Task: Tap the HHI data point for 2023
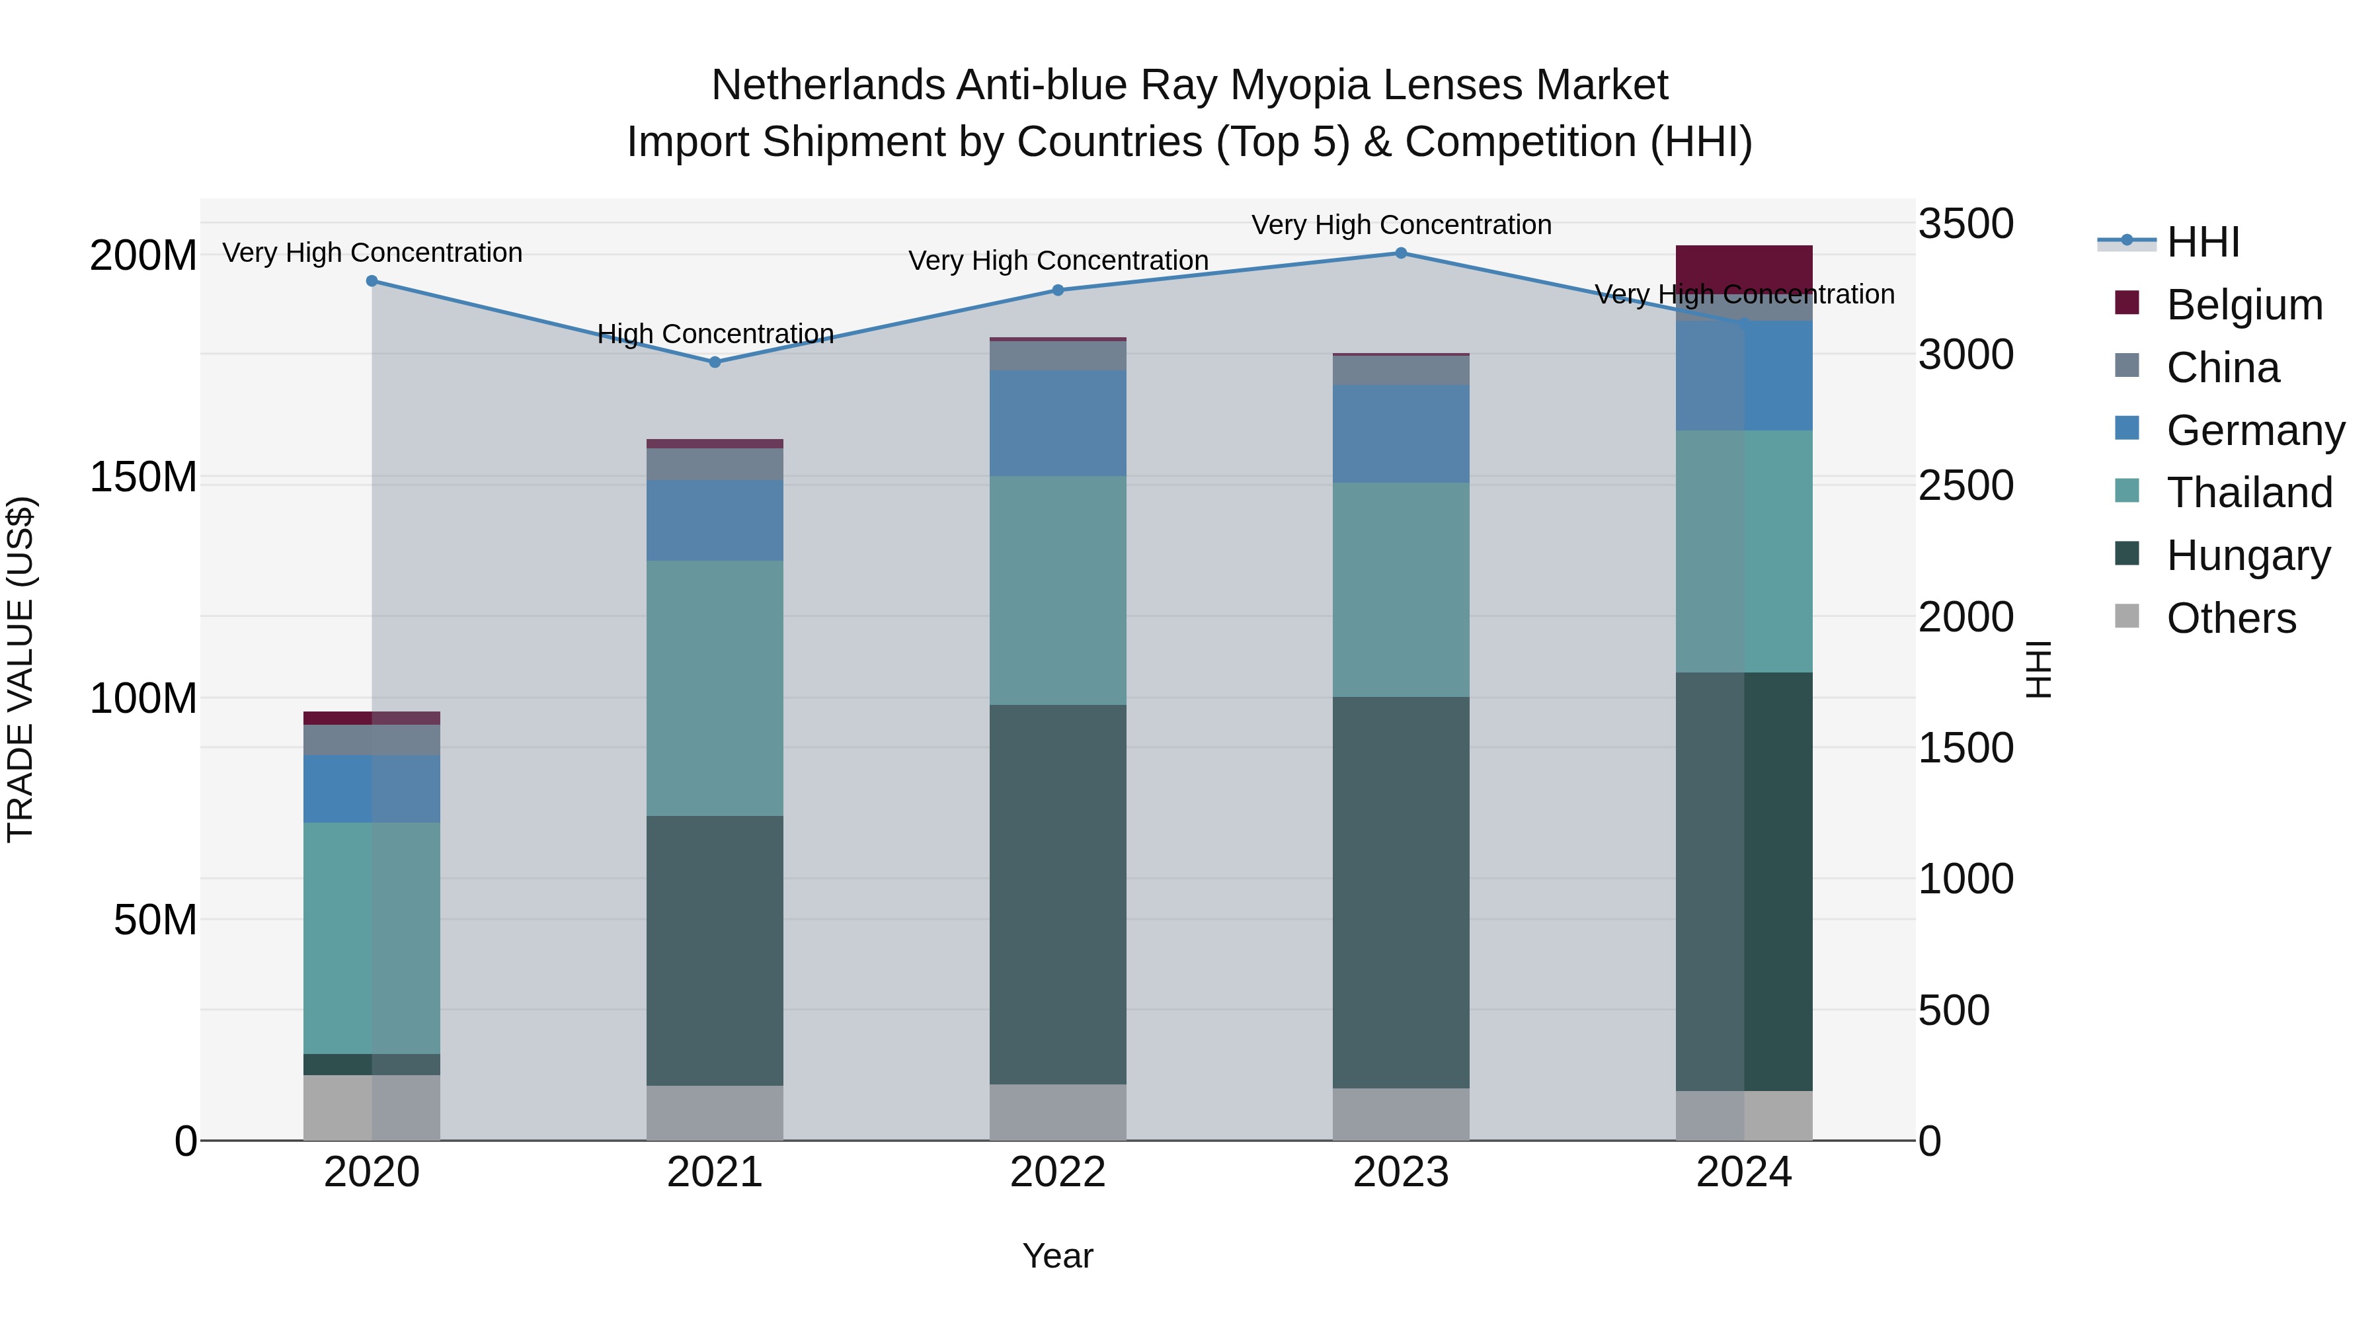pyautogui.click(x=1401, y=253)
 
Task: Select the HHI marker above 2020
pyautogui.click(x=372, y=281)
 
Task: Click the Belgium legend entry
pyautogui.click(x=2243, y=305)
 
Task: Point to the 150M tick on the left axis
pyautogui.click(x=143, y=478)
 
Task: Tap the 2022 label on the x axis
pyautogui.click(x=1058, y=1172)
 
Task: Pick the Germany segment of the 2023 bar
pyautogui.click(x=1401, y=433)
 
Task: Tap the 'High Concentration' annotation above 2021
pyautogui.click(x=715, y=334)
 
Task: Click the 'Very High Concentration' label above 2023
pyautogui.click(x=1401, y=225)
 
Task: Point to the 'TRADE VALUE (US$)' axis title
pyautogui.click(x=20, y=669)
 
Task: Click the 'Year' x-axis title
pyautogui.click(x=1058, y=1256)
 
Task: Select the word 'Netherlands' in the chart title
pyautogui.click(x=828, y=85)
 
